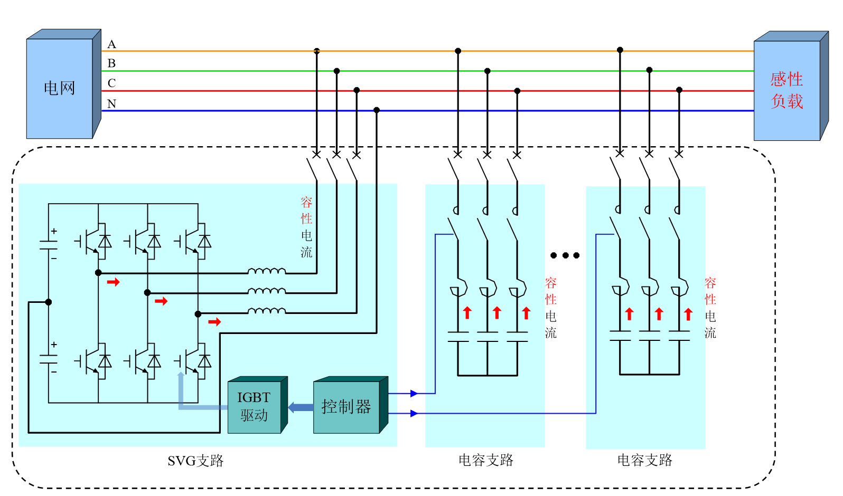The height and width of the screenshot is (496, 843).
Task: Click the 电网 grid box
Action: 60,88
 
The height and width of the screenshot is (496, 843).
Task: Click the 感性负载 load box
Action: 786,90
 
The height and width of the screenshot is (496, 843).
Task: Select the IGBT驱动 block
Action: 254,406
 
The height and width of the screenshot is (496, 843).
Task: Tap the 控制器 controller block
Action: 346,407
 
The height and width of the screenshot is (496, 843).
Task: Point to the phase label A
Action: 111,44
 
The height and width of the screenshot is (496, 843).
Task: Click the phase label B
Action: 111,63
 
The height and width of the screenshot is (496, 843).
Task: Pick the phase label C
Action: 111,83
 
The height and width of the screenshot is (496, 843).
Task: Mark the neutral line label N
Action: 111,104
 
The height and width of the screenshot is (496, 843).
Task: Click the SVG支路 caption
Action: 195,461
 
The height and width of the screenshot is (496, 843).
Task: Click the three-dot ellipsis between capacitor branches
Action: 565,255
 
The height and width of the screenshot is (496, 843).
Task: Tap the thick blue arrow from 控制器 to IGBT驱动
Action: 301,407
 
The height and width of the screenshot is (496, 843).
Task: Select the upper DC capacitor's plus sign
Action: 54,231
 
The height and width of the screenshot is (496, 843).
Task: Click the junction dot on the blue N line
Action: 377,110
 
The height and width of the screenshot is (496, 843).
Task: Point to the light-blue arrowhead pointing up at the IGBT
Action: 181,376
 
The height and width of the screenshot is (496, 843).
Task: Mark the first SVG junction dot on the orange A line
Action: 317,51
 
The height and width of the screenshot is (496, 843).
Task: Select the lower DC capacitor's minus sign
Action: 54,372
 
